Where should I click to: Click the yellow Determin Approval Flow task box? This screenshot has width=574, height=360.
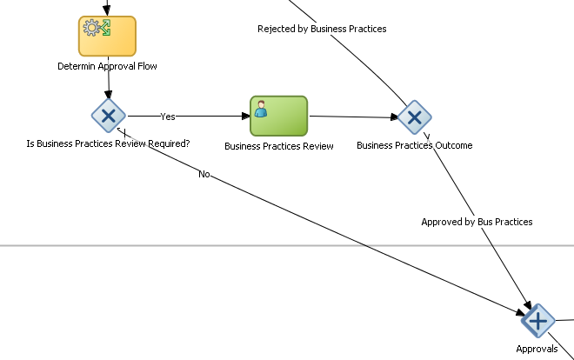pyautogui.click(x=107, y=37)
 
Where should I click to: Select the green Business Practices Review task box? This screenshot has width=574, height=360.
pyautogui.click(x=278, y=116)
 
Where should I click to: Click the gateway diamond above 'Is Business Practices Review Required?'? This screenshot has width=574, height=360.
pyautogui.click(x=109, y=115)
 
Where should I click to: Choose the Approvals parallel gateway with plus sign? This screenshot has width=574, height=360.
pyautogui.click(x=537, y=322)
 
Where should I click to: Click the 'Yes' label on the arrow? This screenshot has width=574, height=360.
pyautogui.click(x=168, y=116)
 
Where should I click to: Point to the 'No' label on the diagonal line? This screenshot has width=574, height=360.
pyautogui.click(x=204, y=174)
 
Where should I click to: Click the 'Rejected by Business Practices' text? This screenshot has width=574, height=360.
pyautogui.click(x=322, y=29)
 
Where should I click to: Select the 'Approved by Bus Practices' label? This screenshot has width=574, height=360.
pyautogui.click(x=477, y=222)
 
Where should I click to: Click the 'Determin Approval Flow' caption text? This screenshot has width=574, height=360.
pyautogui.click(x=107, y=65)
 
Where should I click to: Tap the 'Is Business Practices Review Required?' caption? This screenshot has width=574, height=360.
pyautogui.click(x=108, y=143)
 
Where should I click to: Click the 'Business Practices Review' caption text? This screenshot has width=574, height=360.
pyautogui.click(x=278, y=146)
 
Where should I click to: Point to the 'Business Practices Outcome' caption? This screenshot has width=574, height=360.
pyautogui.click(x=414, y=145)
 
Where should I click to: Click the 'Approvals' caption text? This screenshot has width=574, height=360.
pyautogui.click(x=537, y=349)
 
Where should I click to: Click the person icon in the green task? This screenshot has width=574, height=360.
pyautogui.click(x=261, y=108)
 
